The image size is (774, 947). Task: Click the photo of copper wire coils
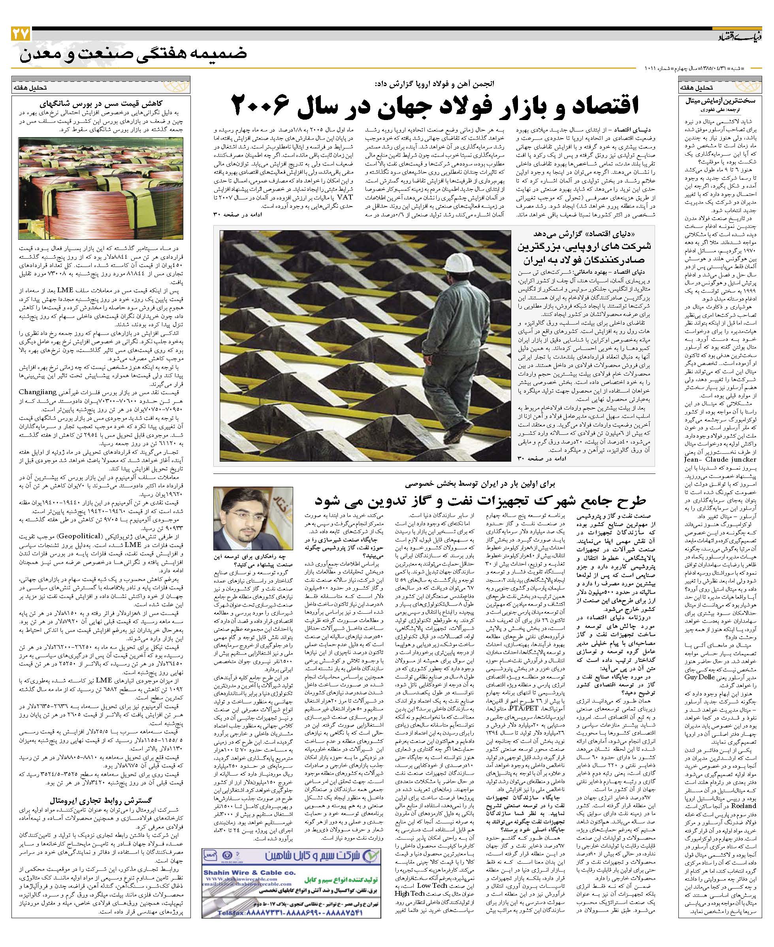(x=100, y=188)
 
